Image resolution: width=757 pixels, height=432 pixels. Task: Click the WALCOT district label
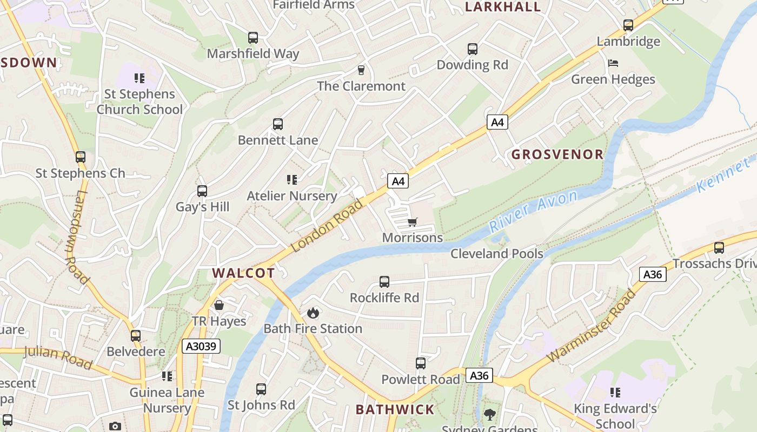pos(243,273)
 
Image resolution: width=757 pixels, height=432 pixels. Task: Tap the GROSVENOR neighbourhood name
pos(557,154)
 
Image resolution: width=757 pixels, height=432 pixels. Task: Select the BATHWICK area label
pos(395,409)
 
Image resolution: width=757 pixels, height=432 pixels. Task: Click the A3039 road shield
pos(201,346)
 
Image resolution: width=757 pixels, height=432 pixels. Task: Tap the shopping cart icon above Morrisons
pos(413,222)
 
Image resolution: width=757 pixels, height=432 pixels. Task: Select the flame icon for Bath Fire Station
pos(313,313)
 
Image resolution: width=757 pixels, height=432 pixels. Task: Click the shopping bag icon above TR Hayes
pos(219,305)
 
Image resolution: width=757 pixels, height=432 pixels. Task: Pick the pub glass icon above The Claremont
pos(361,70)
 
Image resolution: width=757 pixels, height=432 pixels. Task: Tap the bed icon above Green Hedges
pos(613,63)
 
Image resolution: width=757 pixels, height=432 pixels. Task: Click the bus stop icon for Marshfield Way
pos(253,38)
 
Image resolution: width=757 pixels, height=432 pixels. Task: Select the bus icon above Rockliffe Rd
pos(384,281)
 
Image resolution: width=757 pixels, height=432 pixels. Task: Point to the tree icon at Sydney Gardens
pos(490,415)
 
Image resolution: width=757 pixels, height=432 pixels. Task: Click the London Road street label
pos(327,225)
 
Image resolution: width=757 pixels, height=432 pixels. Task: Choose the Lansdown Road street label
pos(77,238)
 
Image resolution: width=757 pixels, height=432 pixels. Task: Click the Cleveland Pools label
pos(496,253)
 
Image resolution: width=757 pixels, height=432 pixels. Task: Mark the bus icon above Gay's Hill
pos(202,191)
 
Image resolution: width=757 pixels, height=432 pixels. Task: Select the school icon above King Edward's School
pos(615,392)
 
